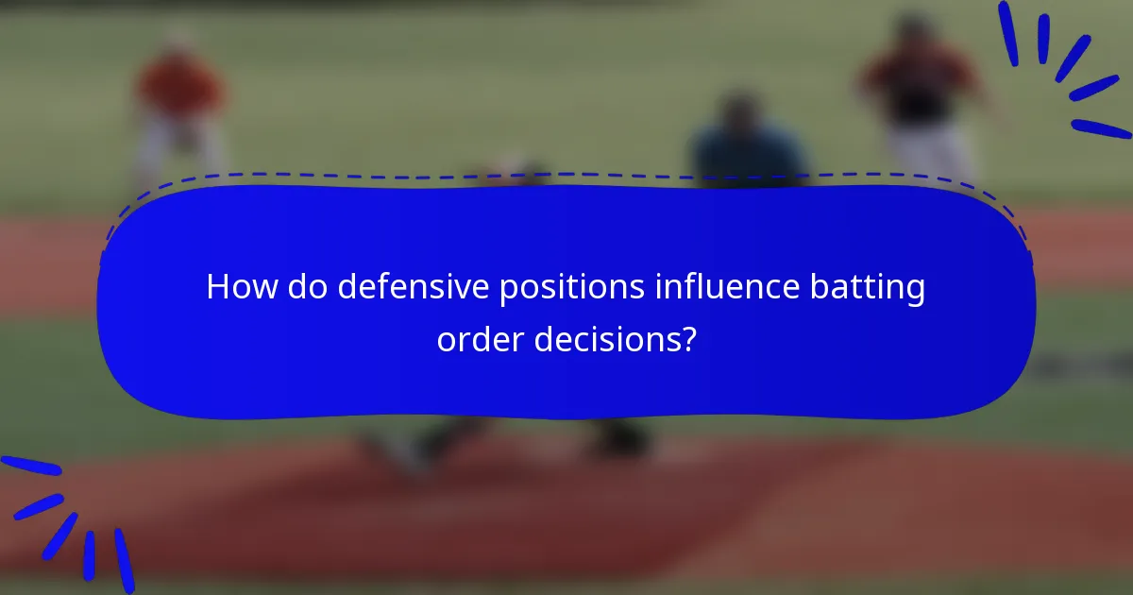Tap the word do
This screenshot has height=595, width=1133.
point(308,287)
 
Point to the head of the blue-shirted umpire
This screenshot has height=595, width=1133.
point(741,109)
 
